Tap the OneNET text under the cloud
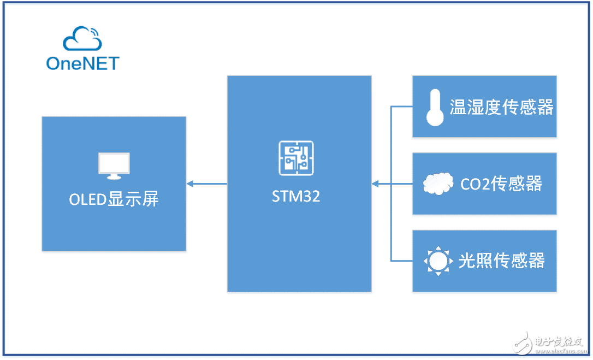point(82,63)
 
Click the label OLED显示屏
point(114,199)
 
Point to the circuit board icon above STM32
point(296,158)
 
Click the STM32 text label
point(296,196)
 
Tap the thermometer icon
point(435,107)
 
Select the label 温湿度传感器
point(501,107)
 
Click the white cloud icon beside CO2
point(438,184)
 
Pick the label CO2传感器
point(501,184)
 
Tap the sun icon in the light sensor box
point(437,261)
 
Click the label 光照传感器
point(501,261)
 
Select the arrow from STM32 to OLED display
point(207,184)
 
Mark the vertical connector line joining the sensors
point(392,219)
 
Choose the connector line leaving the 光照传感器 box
point(402,261)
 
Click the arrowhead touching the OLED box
point(190,184)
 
